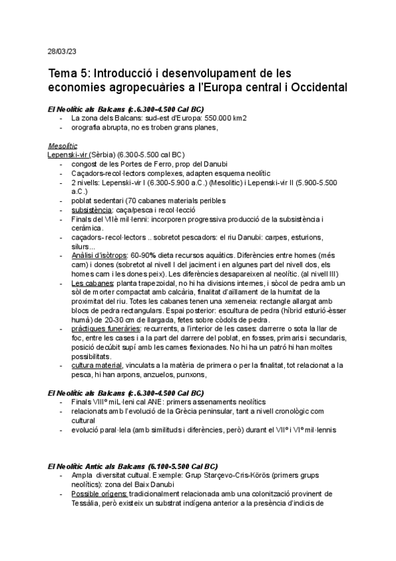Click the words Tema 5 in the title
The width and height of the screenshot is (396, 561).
pos(69,73)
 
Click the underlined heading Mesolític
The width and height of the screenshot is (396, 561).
pos(63,146)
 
